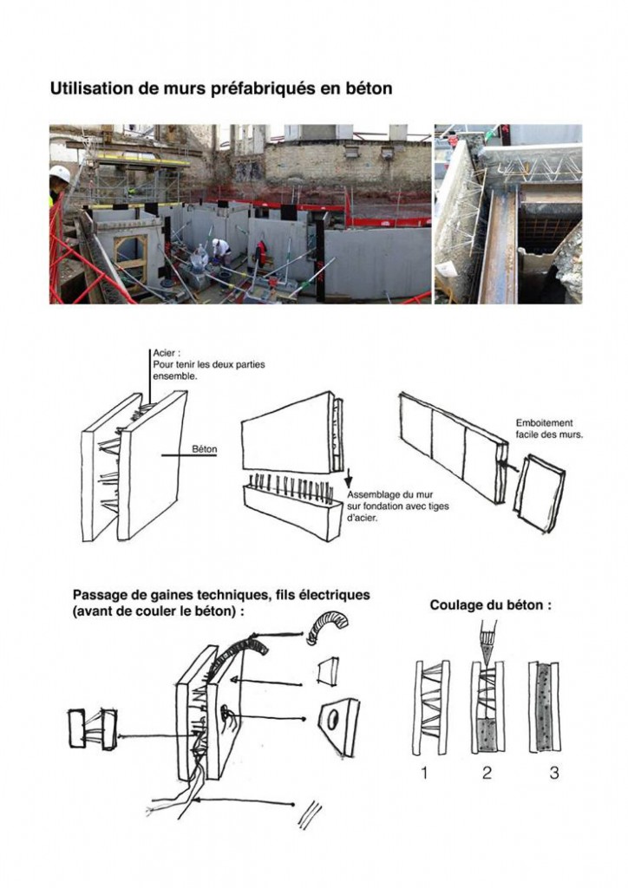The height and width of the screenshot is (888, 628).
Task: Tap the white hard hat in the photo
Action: [x=59, y=174]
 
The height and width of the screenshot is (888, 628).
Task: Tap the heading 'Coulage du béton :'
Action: [x=490, y=605]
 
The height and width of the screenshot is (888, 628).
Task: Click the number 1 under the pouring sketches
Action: [x=424, y=773]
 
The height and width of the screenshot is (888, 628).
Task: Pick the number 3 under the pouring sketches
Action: [x=554, y=773]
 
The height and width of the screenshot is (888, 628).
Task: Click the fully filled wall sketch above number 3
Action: [x=545, y=707]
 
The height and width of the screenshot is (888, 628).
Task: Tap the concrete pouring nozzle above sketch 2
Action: [x=485, y=645]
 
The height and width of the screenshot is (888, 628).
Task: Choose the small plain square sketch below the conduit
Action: [x=329, y=670]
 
